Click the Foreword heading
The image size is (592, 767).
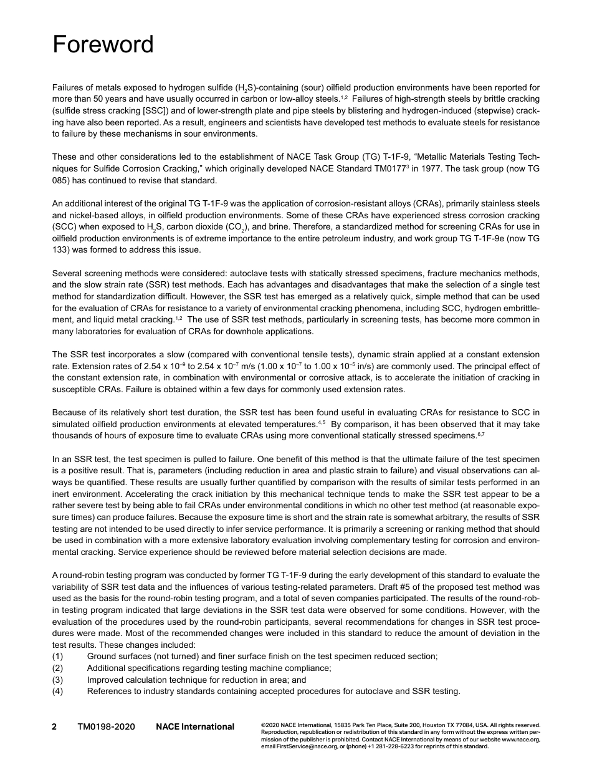tap(103, 45)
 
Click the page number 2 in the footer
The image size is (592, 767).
tap(54, 726)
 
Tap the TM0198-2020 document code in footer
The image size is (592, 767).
tap(106, 726)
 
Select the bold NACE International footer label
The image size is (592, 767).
tap(195, 726)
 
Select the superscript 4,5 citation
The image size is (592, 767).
tap(322, 422)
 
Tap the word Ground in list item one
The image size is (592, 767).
tap(102, 656)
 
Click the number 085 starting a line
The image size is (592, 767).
tap(60, 181)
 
